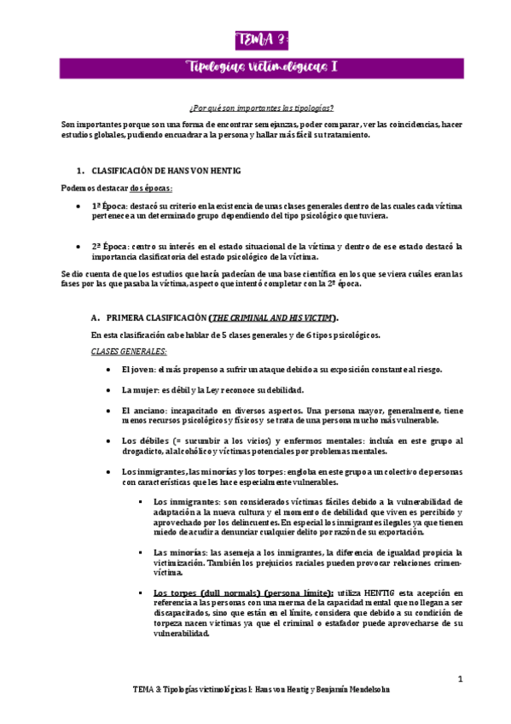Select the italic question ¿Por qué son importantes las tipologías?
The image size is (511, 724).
pos(261,109)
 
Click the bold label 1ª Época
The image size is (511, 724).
pos(110,207)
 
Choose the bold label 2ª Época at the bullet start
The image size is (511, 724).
pos(110,247)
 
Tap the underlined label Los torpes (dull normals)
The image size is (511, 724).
pos(205,593)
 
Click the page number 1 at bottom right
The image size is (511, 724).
pos(460,680)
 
